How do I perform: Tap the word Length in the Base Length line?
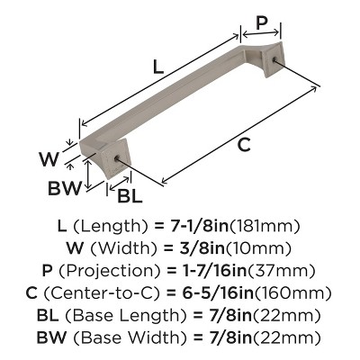coord(161,315)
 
